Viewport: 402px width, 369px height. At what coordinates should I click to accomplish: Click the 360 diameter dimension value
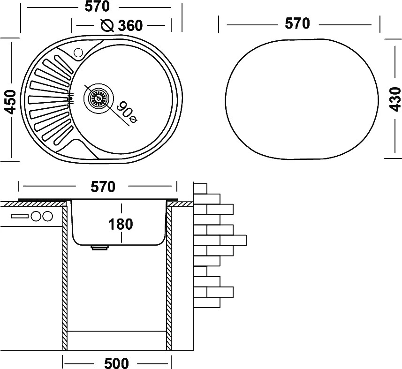pos(130,26)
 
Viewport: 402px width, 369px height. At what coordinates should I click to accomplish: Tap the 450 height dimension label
pos(10,102)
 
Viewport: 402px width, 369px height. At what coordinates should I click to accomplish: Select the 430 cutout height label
pos(395,99)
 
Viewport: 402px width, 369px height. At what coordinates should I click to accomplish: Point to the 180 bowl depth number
pos(121,224)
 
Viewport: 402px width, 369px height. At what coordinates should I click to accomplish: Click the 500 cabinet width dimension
pos(116,363)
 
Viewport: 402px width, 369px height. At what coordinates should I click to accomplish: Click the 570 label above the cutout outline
pos(297,23)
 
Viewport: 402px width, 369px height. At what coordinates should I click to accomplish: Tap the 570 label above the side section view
pos(103,187)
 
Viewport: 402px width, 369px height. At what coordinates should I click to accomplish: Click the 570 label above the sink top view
pos(97,7)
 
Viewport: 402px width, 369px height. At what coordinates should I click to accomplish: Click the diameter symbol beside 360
pos(107,25)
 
